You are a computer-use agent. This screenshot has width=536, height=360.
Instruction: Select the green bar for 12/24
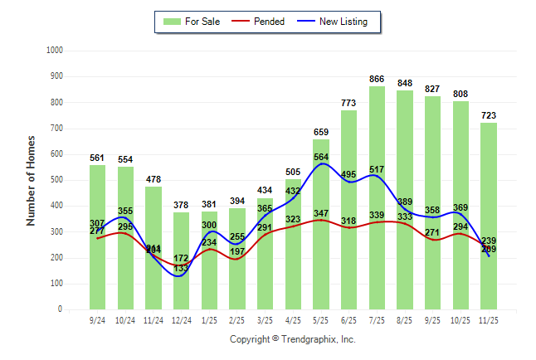click(182, 260)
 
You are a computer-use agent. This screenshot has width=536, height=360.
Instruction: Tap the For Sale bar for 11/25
click(489, 216)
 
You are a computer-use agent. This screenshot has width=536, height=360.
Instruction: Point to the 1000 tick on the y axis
click(54, 51)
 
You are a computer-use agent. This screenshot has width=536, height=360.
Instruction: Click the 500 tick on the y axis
click(56, 180)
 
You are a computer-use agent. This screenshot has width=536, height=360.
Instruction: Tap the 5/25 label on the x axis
click(321, 319)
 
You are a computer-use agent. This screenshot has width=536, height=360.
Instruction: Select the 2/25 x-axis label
click(237, 319)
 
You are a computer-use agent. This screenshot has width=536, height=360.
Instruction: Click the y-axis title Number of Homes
click(32, 180)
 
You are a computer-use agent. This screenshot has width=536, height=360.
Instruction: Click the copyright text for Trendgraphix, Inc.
click(292, 339)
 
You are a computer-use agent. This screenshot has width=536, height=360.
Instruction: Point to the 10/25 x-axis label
click(460, 319)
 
